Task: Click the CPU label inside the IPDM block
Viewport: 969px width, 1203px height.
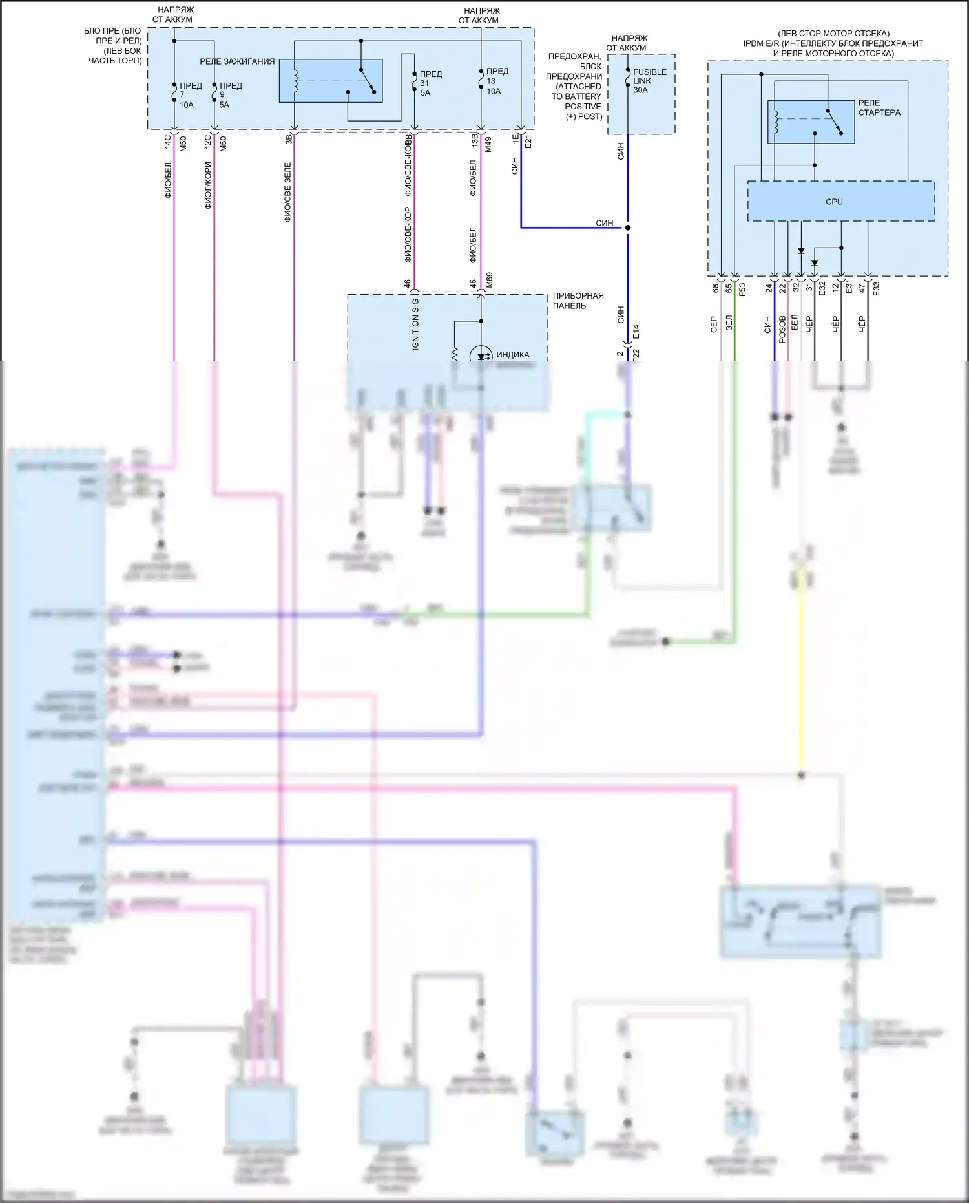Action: pos(834,202)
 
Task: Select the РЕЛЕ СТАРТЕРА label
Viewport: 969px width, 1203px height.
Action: pos(879,107)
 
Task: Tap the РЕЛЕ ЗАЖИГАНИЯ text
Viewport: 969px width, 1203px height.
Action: pos(237,61)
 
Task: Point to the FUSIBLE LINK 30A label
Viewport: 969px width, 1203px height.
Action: pos(649,81)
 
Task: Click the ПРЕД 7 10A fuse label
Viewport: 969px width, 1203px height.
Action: pos(189,95)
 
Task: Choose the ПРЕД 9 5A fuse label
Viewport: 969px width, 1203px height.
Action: pos(229,95)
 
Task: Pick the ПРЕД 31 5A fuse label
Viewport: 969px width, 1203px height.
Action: pos(430,83)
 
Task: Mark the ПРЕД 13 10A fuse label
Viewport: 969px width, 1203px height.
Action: pos(496,81)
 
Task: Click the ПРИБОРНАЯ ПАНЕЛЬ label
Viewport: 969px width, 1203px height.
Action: pos(578,301)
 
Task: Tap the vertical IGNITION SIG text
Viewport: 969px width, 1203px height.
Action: pos(415,324)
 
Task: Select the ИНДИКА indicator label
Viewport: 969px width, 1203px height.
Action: pos(512,354)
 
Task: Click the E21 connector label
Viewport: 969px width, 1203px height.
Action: pos(528,142)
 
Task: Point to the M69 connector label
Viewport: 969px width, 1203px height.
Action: pos(489,279)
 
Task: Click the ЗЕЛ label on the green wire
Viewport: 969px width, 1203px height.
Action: pos(729,323)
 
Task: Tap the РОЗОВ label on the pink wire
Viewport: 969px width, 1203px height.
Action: pos(782,328)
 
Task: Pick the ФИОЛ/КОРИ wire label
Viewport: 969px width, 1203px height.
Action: pos(208,186)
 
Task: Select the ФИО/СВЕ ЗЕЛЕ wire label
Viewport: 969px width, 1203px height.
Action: pos(287,193)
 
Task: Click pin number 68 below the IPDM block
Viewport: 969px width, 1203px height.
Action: pos(716,288)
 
